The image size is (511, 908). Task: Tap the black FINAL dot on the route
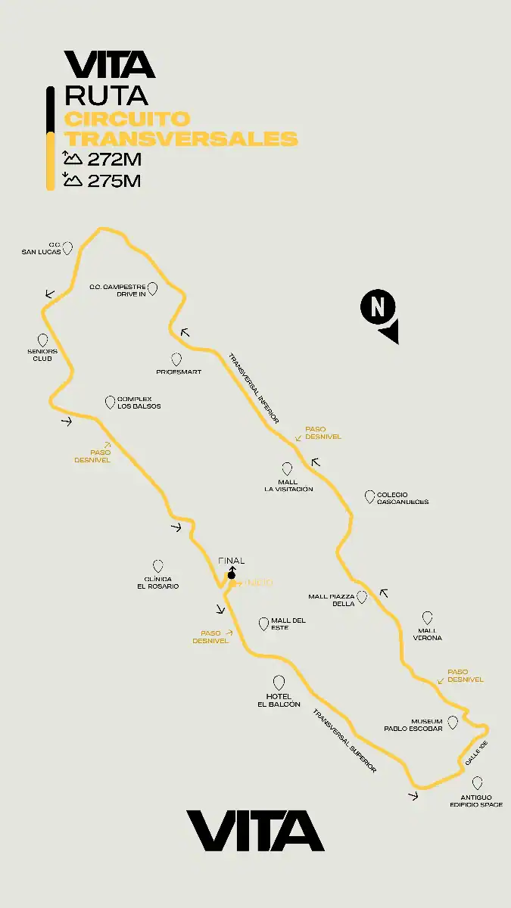click(x=232, y=575)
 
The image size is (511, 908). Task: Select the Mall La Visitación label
click(x=288, y=486)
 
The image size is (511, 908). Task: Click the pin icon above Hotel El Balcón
click(x=279, y=683)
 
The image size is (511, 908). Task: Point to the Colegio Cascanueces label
click(x=402, y=499)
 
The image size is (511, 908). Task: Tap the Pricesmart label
click(x=179, y=372)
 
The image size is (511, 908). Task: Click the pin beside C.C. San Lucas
click(x=68, y=247)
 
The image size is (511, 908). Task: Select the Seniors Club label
click(x=42, y=355)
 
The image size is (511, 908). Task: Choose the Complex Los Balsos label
click(x=139, y=403)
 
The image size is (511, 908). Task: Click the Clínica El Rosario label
click(x=157, y=583)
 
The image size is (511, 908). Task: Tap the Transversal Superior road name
click(x=344, y=742)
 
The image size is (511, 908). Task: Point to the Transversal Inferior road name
click(x=254, y=387)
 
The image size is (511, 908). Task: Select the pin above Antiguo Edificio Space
click(x=477, y=783)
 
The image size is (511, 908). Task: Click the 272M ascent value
click(x=114, y=160)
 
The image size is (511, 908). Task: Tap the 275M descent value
click(x=114, y=181)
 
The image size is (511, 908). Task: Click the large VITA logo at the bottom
click(x=255, y=831)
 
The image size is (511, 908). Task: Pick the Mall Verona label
click(x=428, y=634)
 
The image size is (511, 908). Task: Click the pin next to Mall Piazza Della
click(x=362, y=597)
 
